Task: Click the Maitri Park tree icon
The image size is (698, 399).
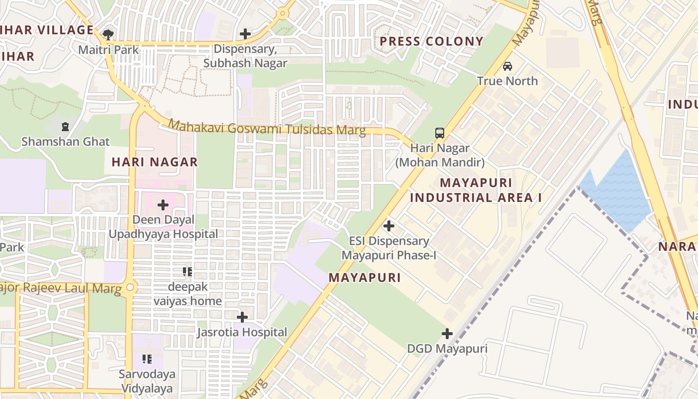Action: (108, 34)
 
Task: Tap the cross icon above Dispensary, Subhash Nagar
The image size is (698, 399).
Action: (245, 34)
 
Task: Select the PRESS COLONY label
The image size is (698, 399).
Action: (432, 41)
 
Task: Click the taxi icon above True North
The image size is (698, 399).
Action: (507, 66)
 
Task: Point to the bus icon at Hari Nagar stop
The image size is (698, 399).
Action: (439, 133)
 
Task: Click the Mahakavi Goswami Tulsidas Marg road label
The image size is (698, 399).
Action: (267, 128)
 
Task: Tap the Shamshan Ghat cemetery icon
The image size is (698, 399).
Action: (65, 127)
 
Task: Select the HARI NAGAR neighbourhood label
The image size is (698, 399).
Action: (155, 162)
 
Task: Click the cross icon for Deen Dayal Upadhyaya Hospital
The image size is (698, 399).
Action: (163, 205)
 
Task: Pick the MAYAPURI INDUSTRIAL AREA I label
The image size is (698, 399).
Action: (476, 190)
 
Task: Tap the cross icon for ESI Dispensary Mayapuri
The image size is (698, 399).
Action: (389, 226)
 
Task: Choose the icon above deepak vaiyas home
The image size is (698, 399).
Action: (187, 272)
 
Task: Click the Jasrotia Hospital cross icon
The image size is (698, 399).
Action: (242, 317)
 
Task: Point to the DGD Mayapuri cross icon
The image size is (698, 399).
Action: (447, 334)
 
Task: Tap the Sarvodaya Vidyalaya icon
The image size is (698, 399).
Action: (147, 359)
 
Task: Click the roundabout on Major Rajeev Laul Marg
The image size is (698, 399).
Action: (131, 287)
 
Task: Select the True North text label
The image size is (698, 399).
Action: (507, 81)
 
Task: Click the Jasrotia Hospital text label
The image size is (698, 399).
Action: (242, 332)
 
